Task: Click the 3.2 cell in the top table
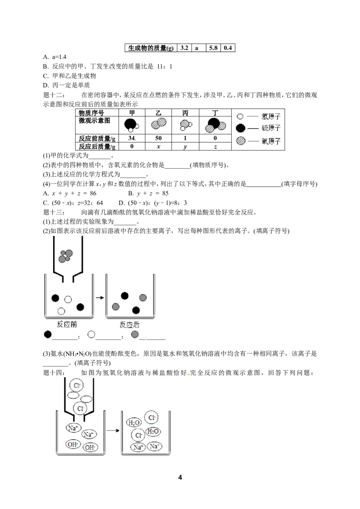pos(184,48)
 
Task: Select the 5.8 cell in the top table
pos(213,48)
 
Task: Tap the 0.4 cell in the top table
pos(228,48)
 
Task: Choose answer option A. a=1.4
pos(54,57)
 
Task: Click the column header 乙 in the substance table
pos(158,113)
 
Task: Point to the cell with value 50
pos(158,138)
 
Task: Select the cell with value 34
pos(131,138)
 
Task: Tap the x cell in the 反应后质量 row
pos(158,147)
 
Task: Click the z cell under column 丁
pos(215,147)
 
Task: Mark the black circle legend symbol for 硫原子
pos(240,128)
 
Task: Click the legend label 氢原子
pos(271,116)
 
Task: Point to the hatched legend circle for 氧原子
pos(240,141)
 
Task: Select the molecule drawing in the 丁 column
pos(215,125)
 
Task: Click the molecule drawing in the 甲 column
pos(131,125)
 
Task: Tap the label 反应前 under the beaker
pos(67,324)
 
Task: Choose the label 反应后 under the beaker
pos(130,325)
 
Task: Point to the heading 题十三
pos(54,212)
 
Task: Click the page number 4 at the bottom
pos(180,477)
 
